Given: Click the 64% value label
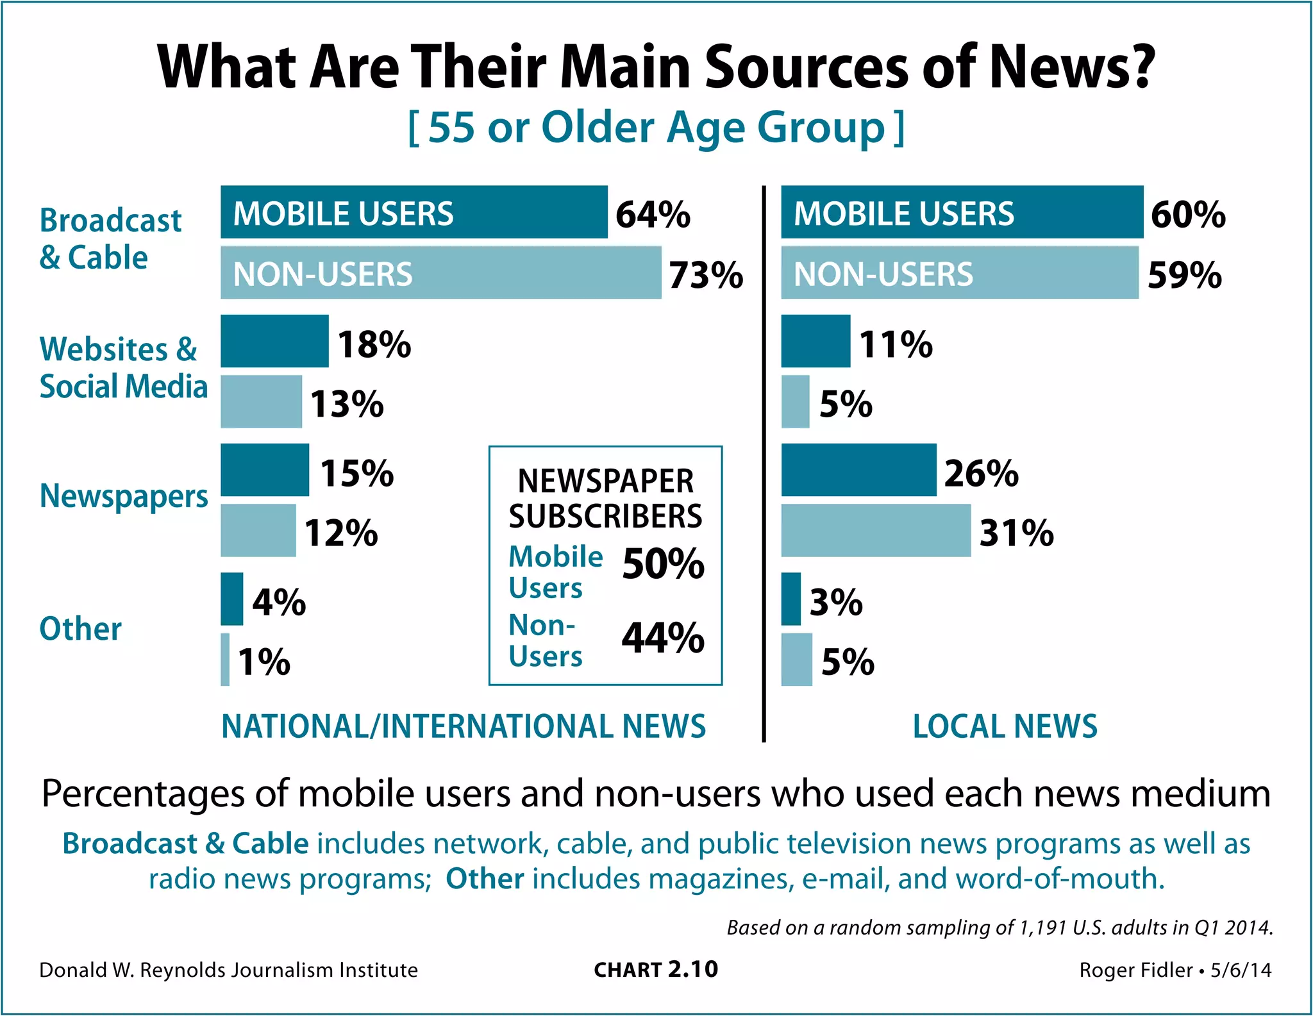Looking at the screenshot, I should (x=653, y=215).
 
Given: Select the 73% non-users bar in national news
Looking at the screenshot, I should (x=440, y=274).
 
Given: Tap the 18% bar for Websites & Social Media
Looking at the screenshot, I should (x=274, y=341).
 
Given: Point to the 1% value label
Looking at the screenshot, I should (x=264, y=662).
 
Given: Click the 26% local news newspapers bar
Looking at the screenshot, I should (x=858, y=470).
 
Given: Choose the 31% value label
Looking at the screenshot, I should (x=1016, y=533).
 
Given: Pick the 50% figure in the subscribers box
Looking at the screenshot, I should (x=663, y=564).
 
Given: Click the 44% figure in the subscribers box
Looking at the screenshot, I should (x=663, y=638).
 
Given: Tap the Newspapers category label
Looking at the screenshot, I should (x=124, y=497).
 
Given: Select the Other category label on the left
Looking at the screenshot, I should (x=80, y=629).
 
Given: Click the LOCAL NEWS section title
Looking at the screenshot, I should (x=1005, y=726).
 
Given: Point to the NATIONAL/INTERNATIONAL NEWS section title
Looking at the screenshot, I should (x=464, y=726).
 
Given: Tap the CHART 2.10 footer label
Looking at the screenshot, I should (x=656, y=970).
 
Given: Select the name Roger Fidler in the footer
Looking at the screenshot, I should (x=1135, y=970).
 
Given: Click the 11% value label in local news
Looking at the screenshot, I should (x=896, y=344).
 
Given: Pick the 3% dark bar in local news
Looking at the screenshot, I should (x=791, y=599).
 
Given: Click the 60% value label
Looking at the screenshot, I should (x=1188, y=215).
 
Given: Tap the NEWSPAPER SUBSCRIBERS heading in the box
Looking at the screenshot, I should (x=605, y=499).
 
